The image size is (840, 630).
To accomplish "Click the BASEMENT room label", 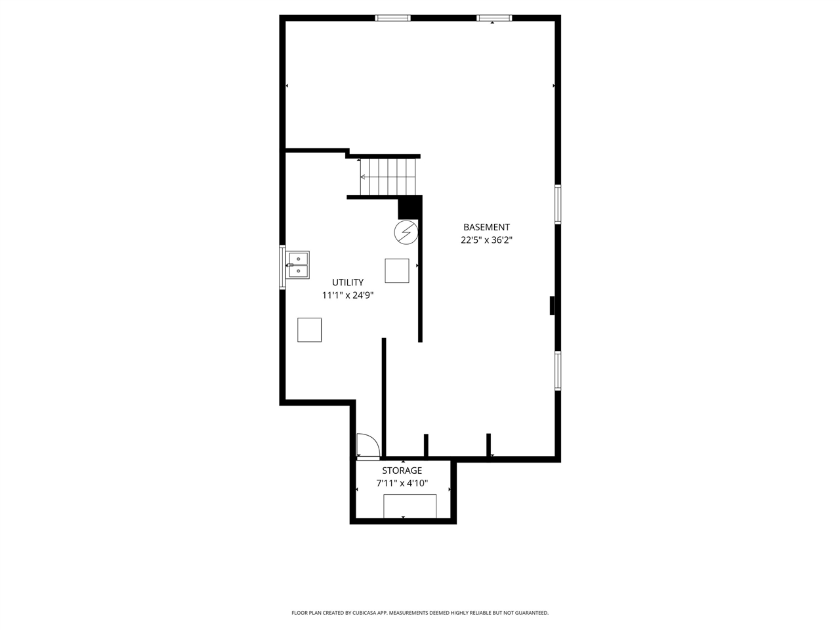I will tap(486, 227).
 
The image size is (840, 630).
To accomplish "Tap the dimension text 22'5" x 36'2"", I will tap(486, 240).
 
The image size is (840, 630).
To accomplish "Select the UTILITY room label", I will tap(348, 282).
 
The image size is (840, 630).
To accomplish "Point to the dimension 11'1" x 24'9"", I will tap(348, 295).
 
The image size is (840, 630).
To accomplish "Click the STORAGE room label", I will tap(402, 471).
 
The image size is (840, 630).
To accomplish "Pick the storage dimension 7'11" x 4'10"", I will tap(402, 484).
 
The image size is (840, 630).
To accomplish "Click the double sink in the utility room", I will tap(298, 265).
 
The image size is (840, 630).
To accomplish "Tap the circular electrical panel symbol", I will tap(406, 232).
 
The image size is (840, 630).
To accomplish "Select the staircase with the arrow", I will tap(387, 177).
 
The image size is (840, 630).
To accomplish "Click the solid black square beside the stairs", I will tap(408, 207).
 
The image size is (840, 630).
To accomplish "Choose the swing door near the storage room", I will tap(366, 446).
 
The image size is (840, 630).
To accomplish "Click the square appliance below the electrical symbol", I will tap(397, 270).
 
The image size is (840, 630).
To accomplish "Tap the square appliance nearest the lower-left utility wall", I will tap(310, 329).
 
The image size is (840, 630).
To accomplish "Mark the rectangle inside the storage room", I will tap(410, 506).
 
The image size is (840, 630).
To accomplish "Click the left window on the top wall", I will tap(393, 18).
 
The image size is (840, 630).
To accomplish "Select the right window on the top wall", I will tap(493, 18).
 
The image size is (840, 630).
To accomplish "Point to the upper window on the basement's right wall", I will tap(558, 204).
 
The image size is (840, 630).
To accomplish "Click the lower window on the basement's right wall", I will tap(558, 371).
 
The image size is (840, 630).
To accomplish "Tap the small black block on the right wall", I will tap(553, 306).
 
